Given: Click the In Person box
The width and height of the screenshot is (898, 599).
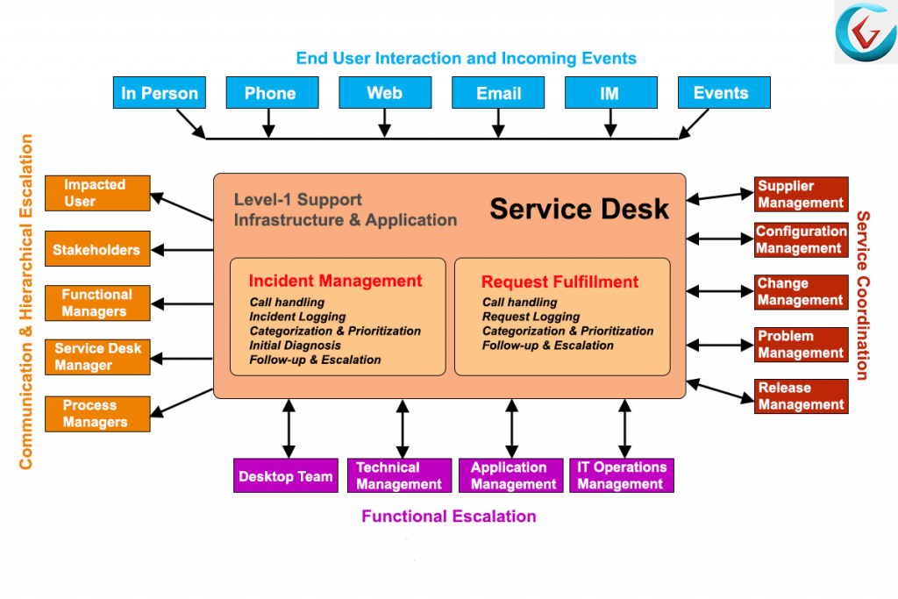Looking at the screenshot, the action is point(160,93).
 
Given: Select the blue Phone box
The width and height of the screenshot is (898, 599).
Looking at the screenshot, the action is point(272,93).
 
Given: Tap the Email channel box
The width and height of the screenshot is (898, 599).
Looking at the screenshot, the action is point(498,93).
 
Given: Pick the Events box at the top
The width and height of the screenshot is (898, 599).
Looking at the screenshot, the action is point(723,93).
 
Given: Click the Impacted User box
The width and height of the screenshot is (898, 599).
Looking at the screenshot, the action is point(97,193).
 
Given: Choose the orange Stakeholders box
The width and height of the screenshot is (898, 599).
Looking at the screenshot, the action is point(97,248).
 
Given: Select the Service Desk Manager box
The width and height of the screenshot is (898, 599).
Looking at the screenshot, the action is point(97,357).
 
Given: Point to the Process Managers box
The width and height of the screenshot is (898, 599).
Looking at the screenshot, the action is point(97,413).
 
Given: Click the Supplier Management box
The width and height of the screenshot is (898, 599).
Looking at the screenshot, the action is point(802,194).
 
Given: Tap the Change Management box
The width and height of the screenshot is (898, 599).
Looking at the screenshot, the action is point(802,292).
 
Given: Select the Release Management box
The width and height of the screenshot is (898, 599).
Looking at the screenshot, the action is point(802,396).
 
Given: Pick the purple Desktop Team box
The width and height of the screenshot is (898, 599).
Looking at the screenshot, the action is point(286,475).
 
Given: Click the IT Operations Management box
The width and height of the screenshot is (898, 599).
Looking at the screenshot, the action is point(622,475).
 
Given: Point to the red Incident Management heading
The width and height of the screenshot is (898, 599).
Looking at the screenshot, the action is point(335,281).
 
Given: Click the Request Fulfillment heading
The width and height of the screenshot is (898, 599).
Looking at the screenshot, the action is point(559,282).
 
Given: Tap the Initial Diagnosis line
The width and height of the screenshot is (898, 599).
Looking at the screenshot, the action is point(295,346).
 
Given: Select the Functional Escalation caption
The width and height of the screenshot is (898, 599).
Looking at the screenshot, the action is point(449,517).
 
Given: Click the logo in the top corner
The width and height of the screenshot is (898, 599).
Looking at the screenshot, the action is point(866,32).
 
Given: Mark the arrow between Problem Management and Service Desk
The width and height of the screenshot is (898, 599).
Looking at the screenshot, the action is point(720,346).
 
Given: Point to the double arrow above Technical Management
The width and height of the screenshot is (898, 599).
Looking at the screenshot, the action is point(403,428).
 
